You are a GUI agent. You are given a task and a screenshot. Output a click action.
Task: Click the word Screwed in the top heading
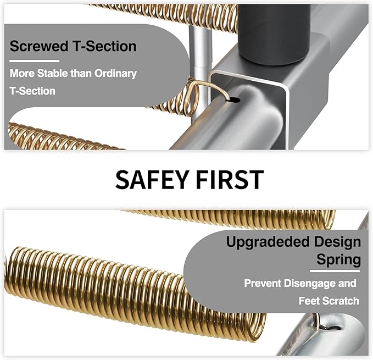39,46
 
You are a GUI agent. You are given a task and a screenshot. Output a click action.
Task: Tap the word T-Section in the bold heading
105,46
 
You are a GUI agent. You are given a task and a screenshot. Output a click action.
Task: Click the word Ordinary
115,74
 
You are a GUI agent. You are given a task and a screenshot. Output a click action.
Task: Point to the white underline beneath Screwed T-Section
34,61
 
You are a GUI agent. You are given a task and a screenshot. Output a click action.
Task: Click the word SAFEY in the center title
152,180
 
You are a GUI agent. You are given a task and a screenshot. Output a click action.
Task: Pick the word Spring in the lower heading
339,260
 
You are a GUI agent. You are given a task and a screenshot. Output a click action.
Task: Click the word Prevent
263,284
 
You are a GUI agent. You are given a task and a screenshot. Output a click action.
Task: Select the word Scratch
341,301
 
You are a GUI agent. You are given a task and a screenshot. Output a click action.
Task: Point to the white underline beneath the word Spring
335,271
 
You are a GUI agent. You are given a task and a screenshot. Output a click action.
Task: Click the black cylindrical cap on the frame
274,34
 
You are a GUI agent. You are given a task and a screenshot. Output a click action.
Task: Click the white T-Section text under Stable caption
32,91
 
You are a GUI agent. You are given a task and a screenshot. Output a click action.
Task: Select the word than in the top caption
82,73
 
